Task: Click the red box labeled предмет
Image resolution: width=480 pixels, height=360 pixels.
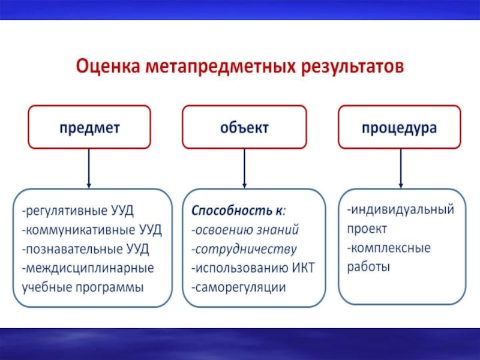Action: coord(89,127)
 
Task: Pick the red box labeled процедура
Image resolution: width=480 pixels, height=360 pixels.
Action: coord(399,127)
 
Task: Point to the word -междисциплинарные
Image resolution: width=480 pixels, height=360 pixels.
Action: coord(88,268)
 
